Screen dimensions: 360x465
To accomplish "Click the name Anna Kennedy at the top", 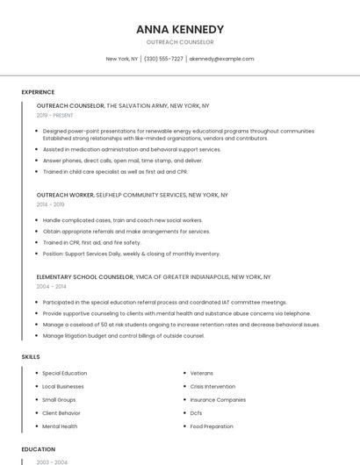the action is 179,29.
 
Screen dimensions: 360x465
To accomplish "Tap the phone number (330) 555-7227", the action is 163,59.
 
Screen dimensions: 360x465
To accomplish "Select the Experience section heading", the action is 38,92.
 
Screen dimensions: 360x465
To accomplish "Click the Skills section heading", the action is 31,357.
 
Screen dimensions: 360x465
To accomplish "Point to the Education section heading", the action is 39,449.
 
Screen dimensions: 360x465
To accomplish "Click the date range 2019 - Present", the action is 55,115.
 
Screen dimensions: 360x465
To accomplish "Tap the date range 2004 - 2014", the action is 51,286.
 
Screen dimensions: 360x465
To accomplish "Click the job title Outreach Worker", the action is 65,195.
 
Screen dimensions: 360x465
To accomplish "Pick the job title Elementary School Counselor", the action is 84,276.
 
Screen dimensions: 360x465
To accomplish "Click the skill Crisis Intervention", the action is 212,386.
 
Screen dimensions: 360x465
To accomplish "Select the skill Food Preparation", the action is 212,426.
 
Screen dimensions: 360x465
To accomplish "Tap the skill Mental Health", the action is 60,426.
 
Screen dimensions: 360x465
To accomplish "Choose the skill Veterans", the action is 202,373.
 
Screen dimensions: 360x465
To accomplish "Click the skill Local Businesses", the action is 63,386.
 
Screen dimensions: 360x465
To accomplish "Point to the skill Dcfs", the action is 196,413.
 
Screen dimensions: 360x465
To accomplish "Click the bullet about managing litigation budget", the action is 123,335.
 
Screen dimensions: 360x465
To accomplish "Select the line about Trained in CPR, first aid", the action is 91,242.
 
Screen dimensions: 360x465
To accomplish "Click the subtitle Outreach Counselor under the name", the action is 179,42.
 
